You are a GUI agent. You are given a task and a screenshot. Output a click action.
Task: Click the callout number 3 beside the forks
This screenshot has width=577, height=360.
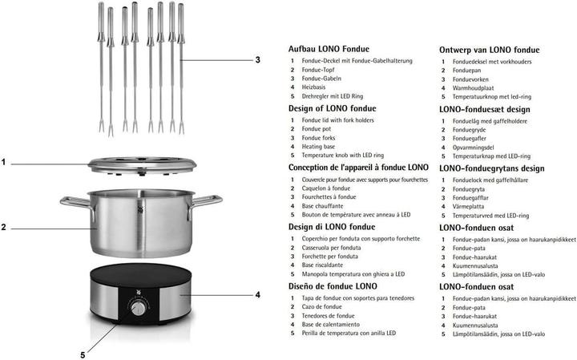coord(257,60)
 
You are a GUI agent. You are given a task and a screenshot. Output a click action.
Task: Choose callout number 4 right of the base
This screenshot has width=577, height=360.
coord(257,295)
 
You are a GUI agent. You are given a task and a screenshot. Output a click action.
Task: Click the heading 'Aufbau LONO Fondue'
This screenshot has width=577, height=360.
coord(329,49)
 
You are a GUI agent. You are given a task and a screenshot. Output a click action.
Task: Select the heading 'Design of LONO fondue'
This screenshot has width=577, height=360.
coord(332,108)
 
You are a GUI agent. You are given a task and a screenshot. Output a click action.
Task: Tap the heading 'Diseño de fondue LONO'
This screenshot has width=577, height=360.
coord(333,286)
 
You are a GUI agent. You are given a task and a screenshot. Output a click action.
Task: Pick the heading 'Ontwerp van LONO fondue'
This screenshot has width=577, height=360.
coord(488,49)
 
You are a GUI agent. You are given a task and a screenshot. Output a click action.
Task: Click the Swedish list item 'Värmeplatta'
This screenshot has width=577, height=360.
coord(471,206)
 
